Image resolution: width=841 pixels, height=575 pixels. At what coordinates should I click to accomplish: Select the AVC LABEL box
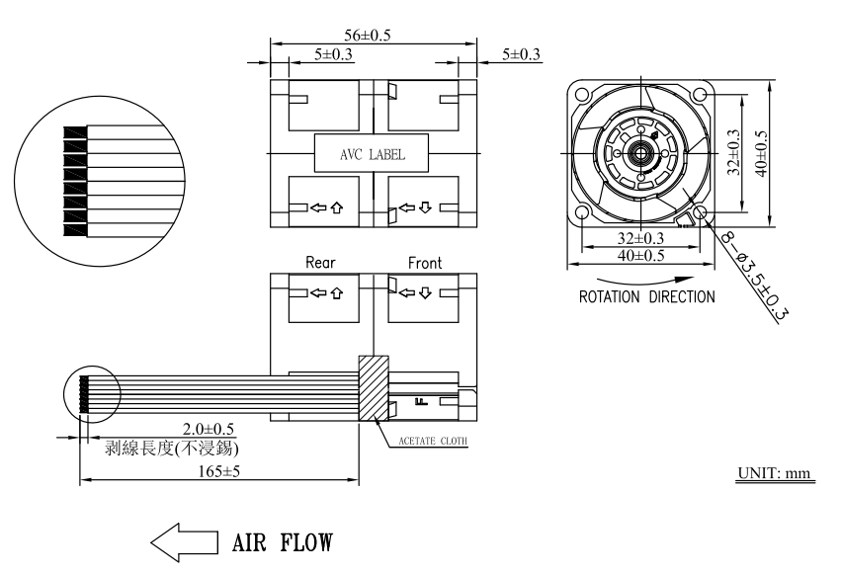pos(373,155)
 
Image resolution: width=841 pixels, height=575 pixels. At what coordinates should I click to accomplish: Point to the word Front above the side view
pos(424,264)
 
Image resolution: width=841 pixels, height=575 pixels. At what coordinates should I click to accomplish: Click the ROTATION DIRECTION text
pos(646,296)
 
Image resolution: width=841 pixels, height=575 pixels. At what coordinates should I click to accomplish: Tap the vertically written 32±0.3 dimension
pos(733,153)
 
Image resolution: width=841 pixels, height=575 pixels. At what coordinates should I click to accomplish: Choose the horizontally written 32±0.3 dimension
pos(641,238)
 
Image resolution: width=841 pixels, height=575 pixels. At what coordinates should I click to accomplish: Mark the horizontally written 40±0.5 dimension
pos(641,256)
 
